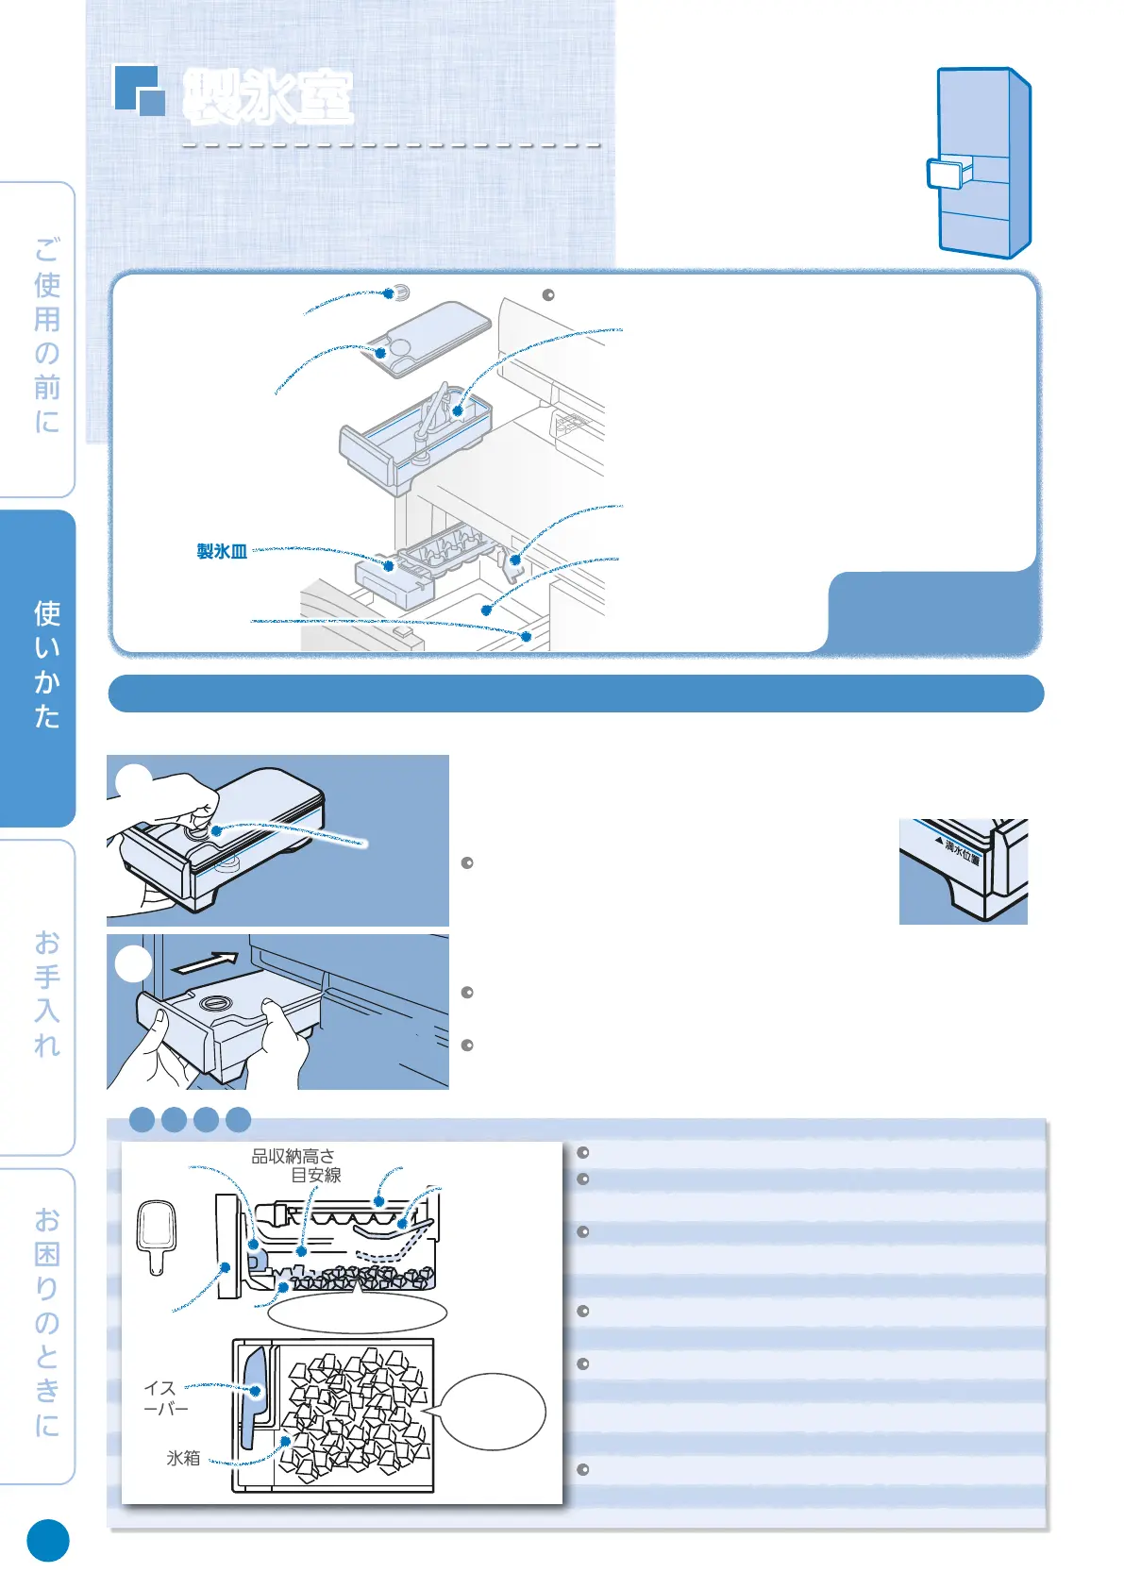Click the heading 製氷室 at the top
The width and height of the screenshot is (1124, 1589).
[x=268, y=96]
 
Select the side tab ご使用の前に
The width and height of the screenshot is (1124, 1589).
[x=46, y=336]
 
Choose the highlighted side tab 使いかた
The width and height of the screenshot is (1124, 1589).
[x=46, y=666]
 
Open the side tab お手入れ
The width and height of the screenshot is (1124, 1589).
[x=46, y=995]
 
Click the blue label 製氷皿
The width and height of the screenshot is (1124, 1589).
[x=222, y=552]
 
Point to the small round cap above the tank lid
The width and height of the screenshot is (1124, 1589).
[x=400, y=293]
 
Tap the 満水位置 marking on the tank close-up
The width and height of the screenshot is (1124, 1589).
[x=963, y=851]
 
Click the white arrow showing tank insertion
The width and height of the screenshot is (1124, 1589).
[x=207, y=963]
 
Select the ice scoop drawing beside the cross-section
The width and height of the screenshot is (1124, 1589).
[x=157, y=1235]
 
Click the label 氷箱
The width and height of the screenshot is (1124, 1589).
[x=183, y=1458]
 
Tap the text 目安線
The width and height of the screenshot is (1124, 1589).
[x=315, y=1176]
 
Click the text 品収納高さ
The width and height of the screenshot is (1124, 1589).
[x=293, y=1157]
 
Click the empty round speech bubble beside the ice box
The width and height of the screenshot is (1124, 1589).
[x=493, y=1412]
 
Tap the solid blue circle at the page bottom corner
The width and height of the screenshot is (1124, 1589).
[x=48, y=1541]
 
